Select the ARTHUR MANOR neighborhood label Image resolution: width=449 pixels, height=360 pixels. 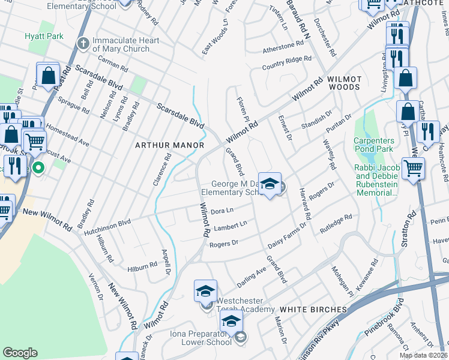point(170,145)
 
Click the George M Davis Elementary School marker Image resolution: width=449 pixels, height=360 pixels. point(270,184)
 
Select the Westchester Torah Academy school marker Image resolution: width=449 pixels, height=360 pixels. point(205,292)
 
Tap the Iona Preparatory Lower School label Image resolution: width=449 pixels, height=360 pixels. point(206,338)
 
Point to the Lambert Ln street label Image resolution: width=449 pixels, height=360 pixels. point(231,226)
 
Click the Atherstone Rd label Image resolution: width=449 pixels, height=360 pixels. point(283,46)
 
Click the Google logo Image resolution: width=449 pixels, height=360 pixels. point(20,353)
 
